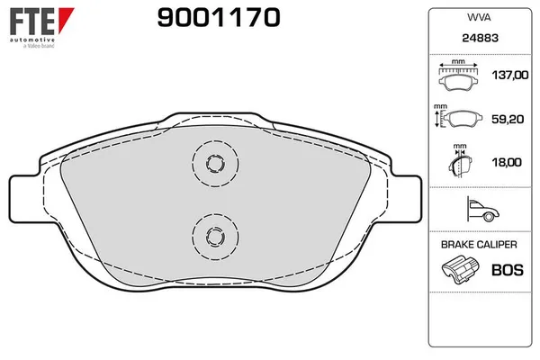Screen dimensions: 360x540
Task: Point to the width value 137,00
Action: coord(508,77)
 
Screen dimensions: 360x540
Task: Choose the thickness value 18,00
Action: coord(508,162)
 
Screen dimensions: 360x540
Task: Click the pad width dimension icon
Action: coord(458,78)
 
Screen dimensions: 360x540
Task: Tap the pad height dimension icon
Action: coord(461,120)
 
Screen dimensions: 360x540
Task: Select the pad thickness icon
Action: coord(459,163)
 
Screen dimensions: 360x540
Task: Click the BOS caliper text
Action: coord(508,268)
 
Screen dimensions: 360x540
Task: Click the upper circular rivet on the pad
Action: coord(214,163)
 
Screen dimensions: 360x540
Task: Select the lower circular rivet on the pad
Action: coord(214,236)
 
